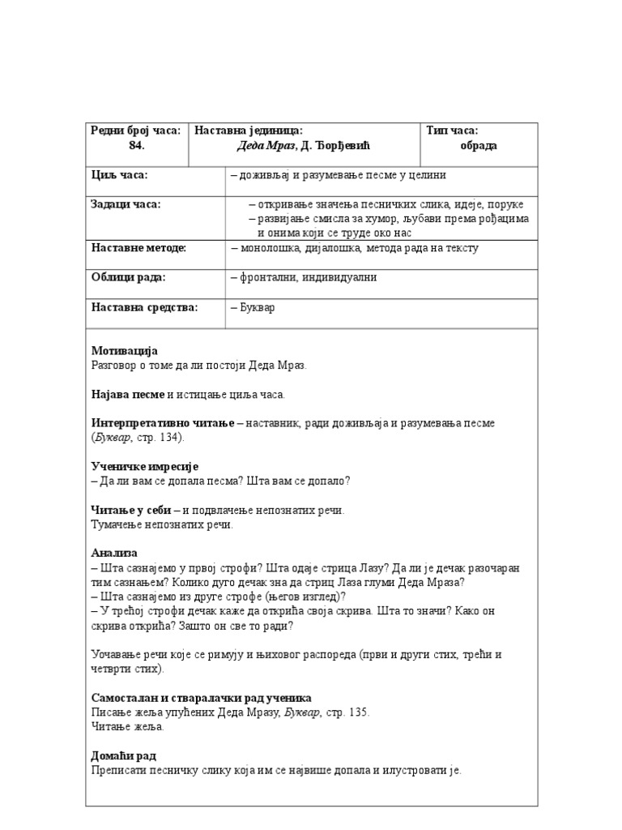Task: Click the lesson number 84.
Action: pos(136,145)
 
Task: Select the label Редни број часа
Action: pos(135,130)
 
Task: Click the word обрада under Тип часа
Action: pos(479,145)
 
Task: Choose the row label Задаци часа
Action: pos(126,204)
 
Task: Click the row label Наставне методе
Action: pos(138,248)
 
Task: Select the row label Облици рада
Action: pos(128,277)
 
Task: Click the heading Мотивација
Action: pos(124,351)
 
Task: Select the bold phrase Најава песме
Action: pos(128,394)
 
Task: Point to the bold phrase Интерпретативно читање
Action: pos(163,423)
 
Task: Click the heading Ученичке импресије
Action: pos(145,467)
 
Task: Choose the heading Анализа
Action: pos(114,553)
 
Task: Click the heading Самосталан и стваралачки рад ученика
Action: pos(201,698)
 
